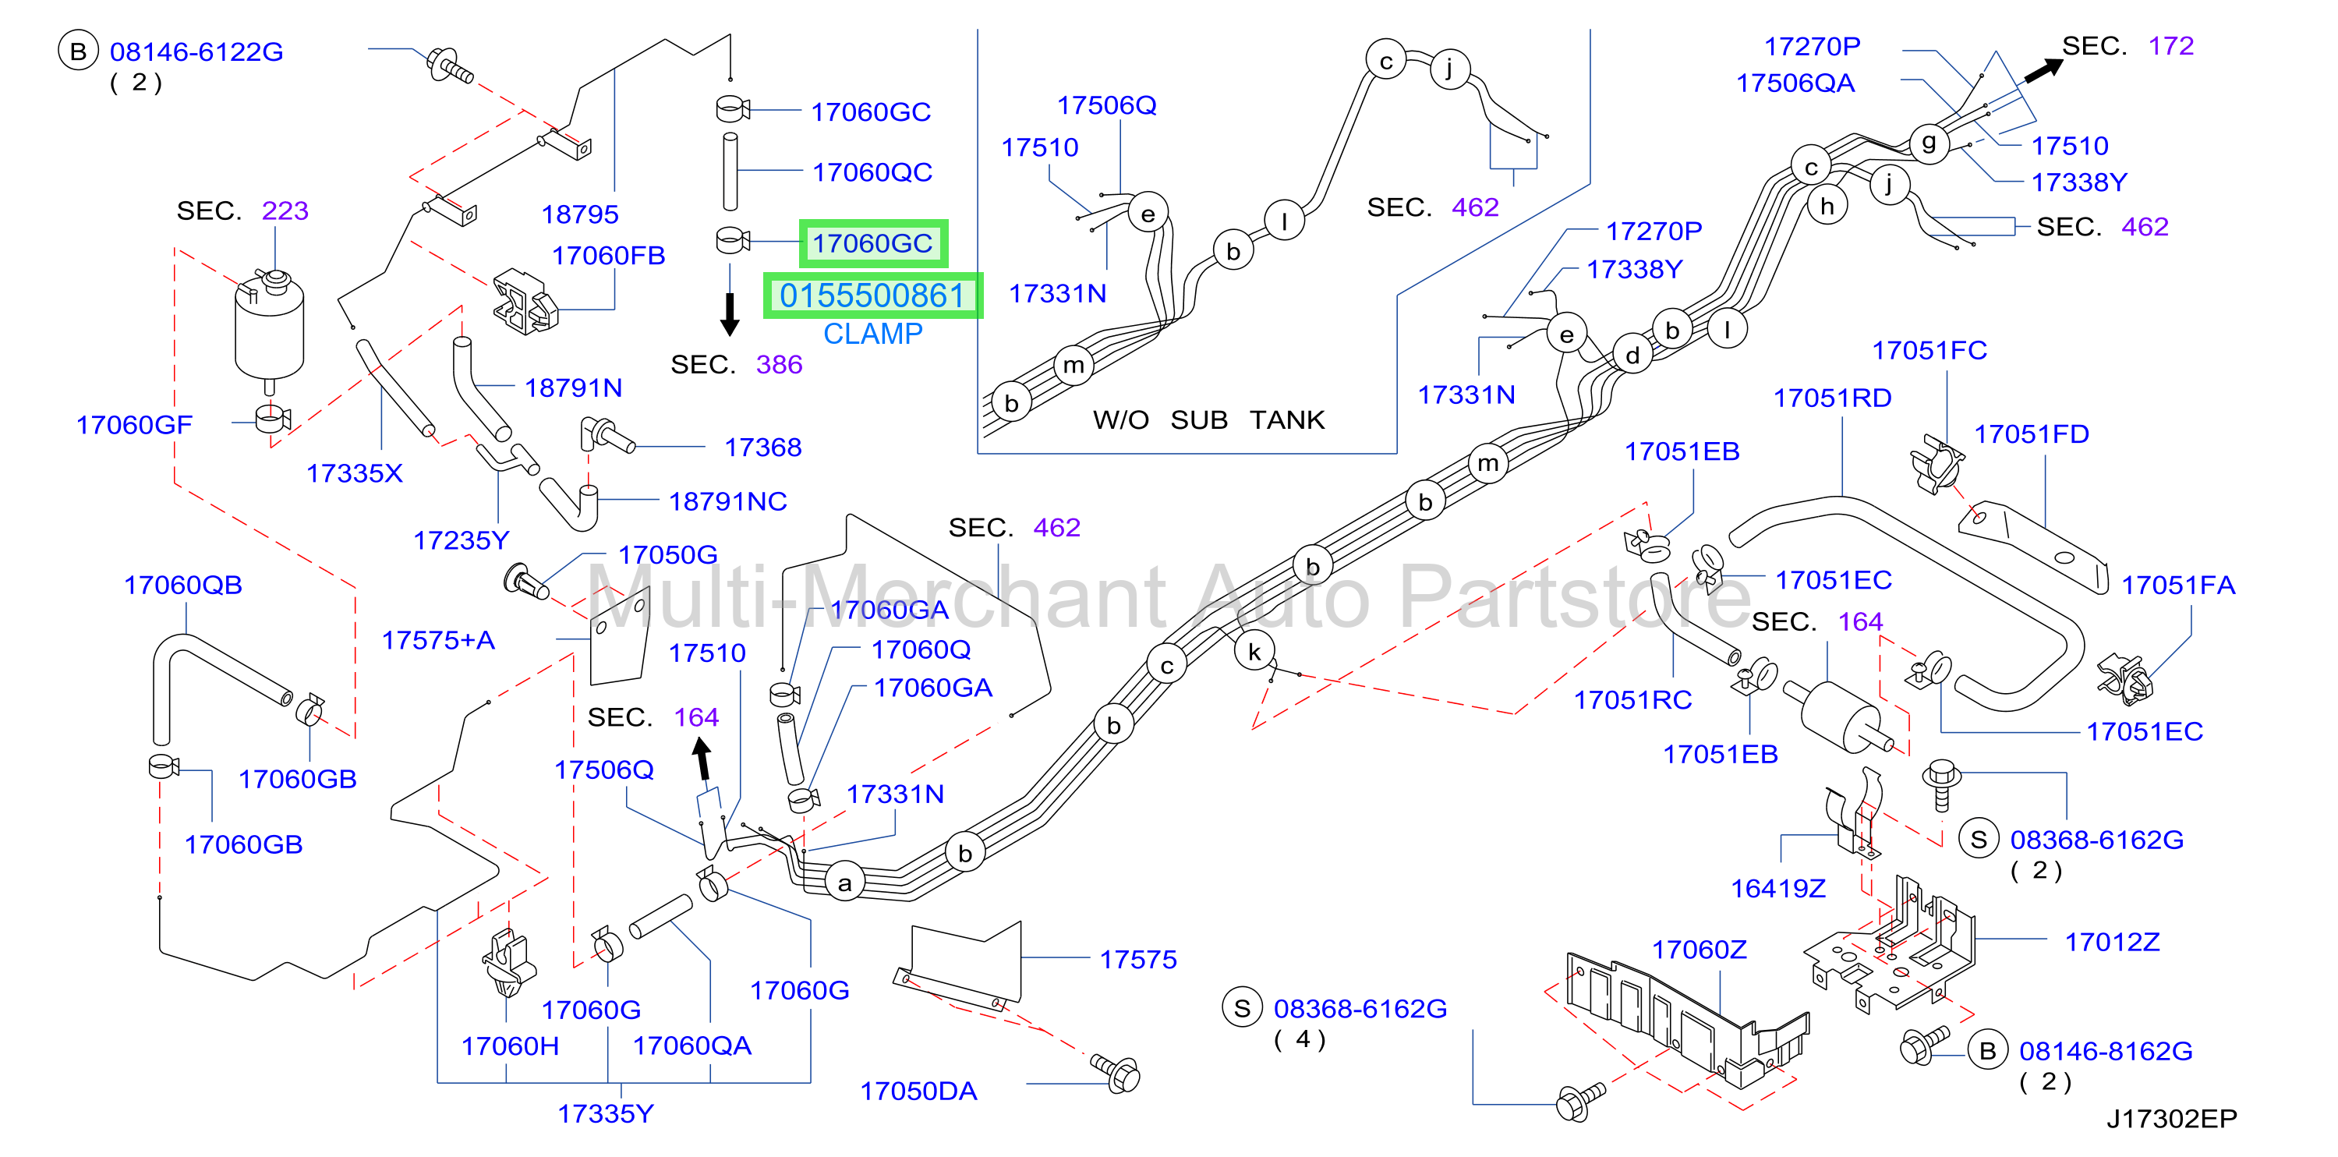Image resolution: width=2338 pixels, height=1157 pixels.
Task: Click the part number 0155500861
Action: (x=872, y=295)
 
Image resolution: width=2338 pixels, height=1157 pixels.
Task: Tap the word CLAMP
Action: (x=872, y=334)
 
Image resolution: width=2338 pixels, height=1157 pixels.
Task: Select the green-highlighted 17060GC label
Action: (x=872, y=243)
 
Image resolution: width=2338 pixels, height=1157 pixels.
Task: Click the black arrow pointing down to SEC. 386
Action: (x=730, y=313)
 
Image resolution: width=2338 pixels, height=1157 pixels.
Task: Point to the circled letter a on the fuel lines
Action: (x=845, y=882)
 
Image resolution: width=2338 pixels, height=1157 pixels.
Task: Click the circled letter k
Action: (x=1254, y=652)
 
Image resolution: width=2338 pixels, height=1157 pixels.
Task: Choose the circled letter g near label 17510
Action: (x=1929, y=143)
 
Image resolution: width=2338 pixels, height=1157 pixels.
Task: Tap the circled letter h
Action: (x=1827, y=207)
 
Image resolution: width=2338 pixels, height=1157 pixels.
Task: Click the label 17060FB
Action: (x=608, y=256)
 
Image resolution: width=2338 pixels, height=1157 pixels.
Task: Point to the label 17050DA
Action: (x=918, y=1091)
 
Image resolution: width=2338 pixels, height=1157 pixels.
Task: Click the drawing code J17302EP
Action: (x=2172, y=1118)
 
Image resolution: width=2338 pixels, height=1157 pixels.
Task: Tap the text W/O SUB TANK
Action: (x=1208, y=420)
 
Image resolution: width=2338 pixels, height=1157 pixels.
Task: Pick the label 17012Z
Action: (x=2112, y=942)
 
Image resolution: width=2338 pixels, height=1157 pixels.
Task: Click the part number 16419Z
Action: (x=1778, y=888)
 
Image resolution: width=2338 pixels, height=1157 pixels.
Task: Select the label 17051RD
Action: (x=1833, y=398)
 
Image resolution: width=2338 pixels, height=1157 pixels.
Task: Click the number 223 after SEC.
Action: (x=285, y=211)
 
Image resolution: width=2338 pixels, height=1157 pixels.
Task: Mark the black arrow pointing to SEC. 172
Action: (x=2042, y=71)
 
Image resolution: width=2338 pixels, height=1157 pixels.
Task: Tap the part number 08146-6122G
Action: (x=196, y=51)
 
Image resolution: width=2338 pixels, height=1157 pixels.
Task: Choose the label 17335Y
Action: (x=606, y=1113)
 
